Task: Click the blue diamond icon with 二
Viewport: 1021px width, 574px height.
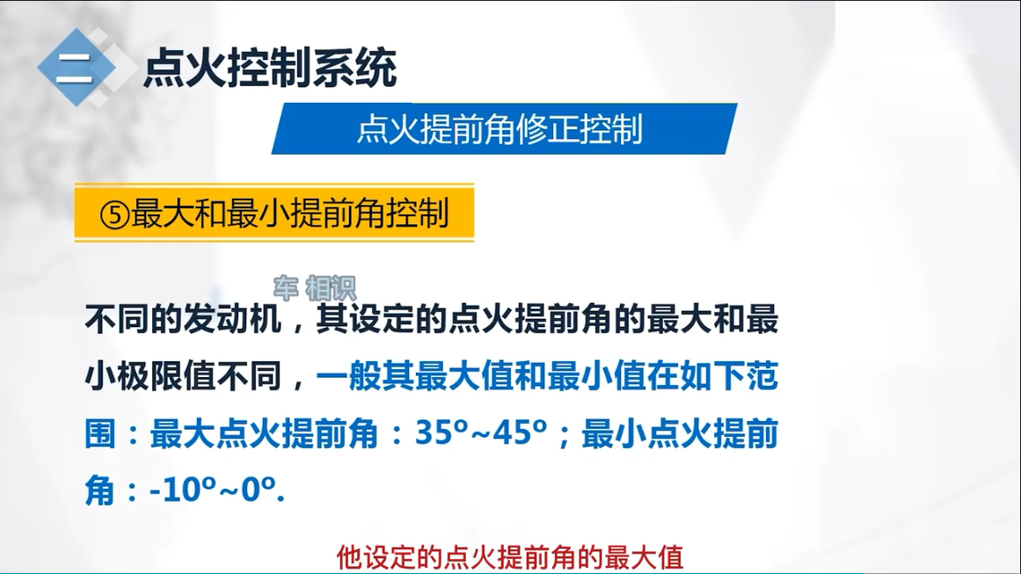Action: (77, 68)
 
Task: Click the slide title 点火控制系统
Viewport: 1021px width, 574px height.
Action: (270, 68)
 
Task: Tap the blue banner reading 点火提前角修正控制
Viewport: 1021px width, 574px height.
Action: (504, 129)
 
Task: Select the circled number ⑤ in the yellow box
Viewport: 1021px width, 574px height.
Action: (114, 214)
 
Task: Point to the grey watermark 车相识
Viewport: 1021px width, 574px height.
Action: (315, 287)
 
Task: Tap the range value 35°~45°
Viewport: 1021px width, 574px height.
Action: (481, 432)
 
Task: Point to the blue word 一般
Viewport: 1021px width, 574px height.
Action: (348, 376)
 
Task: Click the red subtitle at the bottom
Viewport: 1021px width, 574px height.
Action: (510, 557)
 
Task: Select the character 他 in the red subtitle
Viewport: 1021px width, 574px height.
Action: (350, 557)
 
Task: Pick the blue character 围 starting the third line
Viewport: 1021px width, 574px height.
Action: (101, 433)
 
